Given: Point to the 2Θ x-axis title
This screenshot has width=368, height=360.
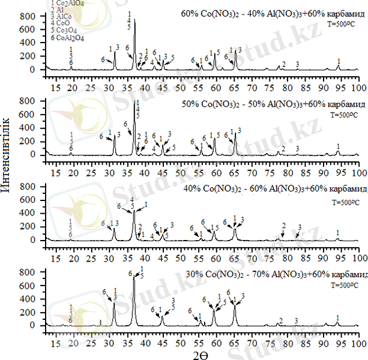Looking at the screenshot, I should tap(201, 355).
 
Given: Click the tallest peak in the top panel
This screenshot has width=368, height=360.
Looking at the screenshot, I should tap(134, 19).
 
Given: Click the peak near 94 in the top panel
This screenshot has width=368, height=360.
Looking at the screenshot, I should tap(339, 65).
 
